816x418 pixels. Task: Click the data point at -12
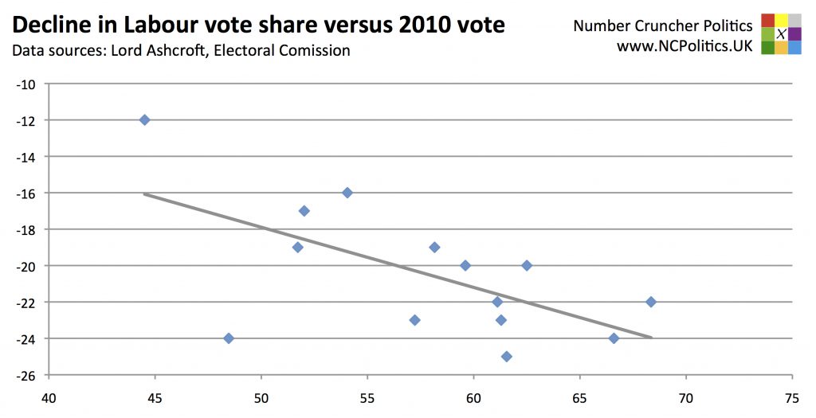point(144,119)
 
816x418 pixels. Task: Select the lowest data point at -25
point(506,356)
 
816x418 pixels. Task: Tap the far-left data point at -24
point(229,338)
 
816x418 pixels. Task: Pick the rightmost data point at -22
point(651,302)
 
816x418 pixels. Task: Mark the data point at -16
point(347,193)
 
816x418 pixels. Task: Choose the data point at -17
point(304,211)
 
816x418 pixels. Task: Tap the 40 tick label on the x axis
point(49,396)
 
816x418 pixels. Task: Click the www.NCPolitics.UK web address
point(685,46)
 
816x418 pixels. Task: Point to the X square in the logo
point(781,33)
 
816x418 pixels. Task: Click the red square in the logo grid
point(767,20)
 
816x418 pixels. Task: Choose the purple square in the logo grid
point(794,33)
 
